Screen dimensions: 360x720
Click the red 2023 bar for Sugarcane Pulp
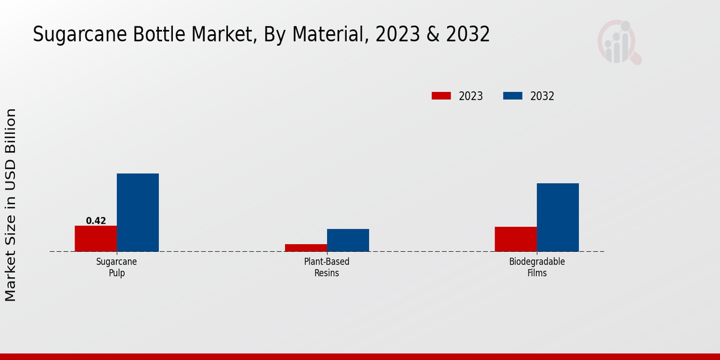click(95, 238)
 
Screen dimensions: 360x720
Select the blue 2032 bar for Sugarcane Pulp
click(137, 212)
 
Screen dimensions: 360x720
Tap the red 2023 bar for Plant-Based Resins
click(305, 248)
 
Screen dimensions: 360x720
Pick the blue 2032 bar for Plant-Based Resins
click(347, 240)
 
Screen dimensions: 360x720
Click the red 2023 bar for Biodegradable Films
click(515, 239)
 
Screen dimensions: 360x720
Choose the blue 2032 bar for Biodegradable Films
click(557, 217)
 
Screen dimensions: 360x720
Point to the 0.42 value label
click(96, 221)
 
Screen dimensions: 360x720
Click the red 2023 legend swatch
click(441, 96)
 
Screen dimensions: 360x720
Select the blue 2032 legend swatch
click(512, 96)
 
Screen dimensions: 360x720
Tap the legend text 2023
click(471, 96)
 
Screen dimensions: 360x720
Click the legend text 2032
click(542, 96)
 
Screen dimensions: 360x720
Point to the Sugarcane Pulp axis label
click(117, 267)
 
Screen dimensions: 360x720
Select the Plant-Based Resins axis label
click(327, 267)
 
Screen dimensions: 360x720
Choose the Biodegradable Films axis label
click(537, 267)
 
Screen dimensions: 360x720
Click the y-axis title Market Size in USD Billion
click(11, 205)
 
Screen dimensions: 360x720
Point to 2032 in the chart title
click(467, 35)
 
